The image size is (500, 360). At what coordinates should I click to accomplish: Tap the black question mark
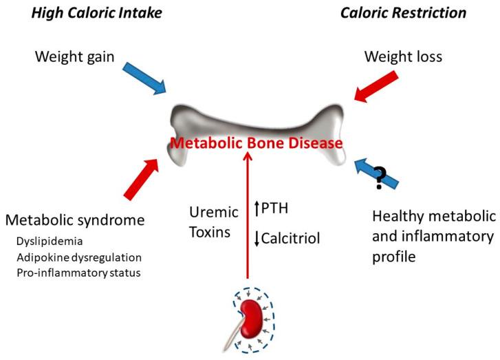pos(380,178)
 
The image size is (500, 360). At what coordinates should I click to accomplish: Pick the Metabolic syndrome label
pos(75,220)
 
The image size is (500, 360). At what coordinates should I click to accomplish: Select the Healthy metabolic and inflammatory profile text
pos(433,237)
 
